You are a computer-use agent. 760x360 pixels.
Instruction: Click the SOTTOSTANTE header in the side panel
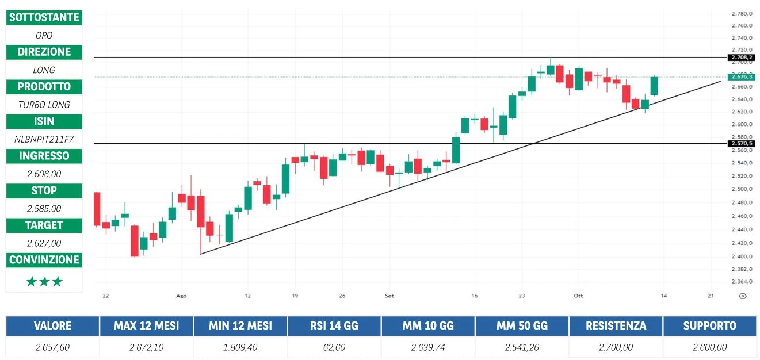[x=44, y=17]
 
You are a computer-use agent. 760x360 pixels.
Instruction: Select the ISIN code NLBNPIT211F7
[x=44, y=139]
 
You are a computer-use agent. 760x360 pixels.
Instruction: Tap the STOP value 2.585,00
[x=44, y=208]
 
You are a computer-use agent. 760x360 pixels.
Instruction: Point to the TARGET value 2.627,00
[x=44, y=243]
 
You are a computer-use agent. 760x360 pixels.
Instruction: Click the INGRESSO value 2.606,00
[x=44, y=174]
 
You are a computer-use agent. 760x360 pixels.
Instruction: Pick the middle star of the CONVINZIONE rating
[x=44, y=282]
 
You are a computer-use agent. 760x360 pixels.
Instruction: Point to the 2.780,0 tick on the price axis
[x=742, y=13]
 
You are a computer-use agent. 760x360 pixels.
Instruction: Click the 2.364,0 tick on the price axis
[x=742, y=282]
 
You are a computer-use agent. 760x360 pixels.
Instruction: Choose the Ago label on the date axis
[x=181, y=296]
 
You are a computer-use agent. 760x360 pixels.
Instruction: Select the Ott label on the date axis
[x=578, y=296]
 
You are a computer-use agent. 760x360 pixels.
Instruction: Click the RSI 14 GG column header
[x=334, y=325]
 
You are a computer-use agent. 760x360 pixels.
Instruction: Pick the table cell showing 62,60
[x=334, y=347]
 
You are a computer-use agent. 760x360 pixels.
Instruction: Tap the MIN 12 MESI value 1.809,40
[x=240, y=347]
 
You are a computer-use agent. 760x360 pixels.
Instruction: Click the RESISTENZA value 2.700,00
[x=616, y=347]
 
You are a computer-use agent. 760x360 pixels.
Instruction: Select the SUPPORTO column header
[x=709, y=325]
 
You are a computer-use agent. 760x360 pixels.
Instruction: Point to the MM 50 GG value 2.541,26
[x=522, y=347]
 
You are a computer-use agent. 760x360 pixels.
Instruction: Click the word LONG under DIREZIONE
[x=44, y=70]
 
